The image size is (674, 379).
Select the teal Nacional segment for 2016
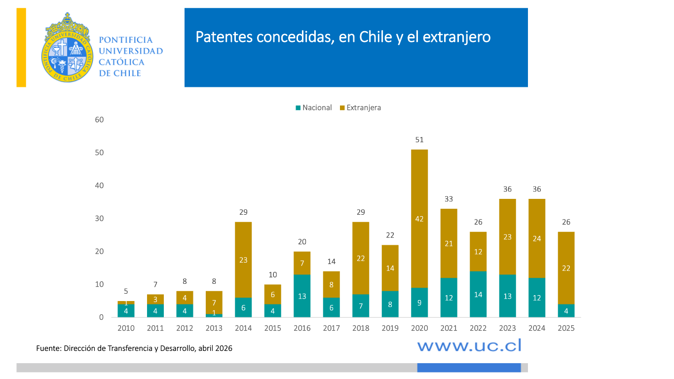coord(302,296)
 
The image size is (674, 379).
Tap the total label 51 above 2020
coord(419,140)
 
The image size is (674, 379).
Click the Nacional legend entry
coord(314,108)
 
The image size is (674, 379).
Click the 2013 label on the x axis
coord(214,328)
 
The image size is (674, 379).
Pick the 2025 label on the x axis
coord(566,328)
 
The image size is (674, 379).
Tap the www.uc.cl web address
coord(469,345)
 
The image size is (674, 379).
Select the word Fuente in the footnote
coord(48,348)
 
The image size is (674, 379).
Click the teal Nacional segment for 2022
coord(478,294)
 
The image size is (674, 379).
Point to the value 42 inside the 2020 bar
coord(419,219)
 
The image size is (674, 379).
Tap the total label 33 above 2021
coord(449,199)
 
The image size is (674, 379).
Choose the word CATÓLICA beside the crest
coord(122,62)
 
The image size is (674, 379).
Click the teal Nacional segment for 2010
coord(126,311)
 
